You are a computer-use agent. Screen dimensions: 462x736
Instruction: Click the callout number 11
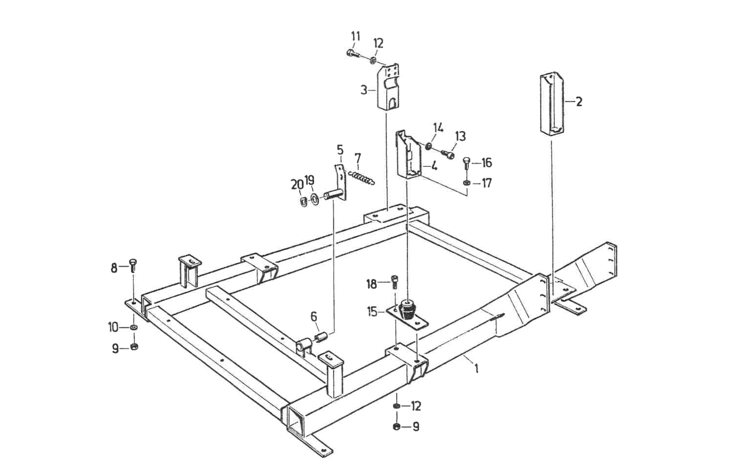point(355,37)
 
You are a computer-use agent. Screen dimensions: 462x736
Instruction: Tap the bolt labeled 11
point(351,53)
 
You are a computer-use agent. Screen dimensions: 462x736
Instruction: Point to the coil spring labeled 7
point(361,177)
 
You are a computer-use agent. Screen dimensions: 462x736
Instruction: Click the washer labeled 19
point(315,199)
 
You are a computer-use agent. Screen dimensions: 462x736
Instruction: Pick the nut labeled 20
point(303,201)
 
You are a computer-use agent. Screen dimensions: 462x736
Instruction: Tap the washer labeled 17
point(466,184)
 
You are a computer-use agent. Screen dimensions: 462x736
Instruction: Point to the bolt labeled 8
point(133,266)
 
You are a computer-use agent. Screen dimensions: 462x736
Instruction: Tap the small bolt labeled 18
point(394,282)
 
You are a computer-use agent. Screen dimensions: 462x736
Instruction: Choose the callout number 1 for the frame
point(476,368)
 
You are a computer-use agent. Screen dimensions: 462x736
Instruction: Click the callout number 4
point(434,165)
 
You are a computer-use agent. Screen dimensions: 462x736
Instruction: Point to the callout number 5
point(340,151)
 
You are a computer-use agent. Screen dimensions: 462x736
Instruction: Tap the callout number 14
point(438,128)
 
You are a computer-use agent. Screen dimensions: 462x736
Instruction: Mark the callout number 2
point(579,102)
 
